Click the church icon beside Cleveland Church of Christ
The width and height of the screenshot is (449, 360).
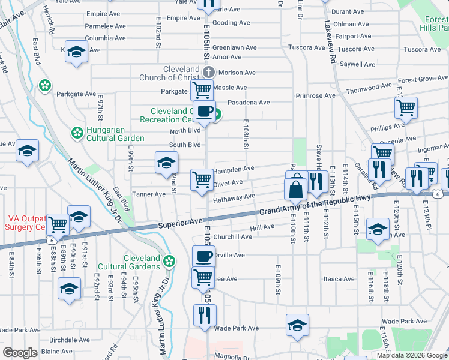tap(208, 73)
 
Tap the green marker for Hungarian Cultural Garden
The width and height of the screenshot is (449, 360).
tap(77, 132)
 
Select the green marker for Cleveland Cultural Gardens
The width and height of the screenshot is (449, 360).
tap(169, 261)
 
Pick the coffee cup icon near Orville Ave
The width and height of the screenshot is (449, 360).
tap(203, 256)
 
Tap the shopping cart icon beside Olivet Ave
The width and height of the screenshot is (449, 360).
tap(202, 179)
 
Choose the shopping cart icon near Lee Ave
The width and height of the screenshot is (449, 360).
tap(203, 277)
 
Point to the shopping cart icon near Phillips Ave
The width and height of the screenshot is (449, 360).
tap(406, 108)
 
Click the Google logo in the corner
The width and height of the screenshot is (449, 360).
tap(20, 353)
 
